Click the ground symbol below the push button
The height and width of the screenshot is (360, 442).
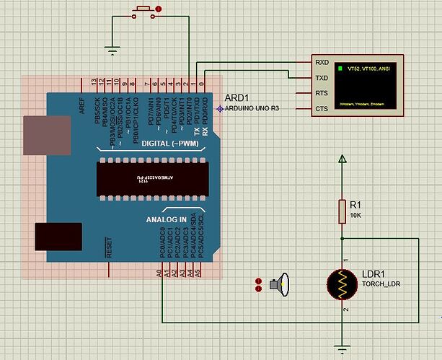(x=112, y=50)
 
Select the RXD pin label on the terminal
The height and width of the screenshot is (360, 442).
(x=322, y=62)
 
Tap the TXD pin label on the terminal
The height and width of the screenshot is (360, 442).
(x=322, y=78)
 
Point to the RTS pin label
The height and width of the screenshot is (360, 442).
(x=322, y=93)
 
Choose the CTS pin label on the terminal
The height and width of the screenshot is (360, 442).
(x=322, y=109)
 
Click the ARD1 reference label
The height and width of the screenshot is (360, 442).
(x=237, y=97)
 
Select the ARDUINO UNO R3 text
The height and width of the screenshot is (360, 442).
(x=252, y=108)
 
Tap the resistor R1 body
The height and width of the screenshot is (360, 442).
(x=344, y=211)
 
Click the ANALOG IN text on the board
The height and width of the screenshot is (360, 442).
(x=167, y=219)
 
